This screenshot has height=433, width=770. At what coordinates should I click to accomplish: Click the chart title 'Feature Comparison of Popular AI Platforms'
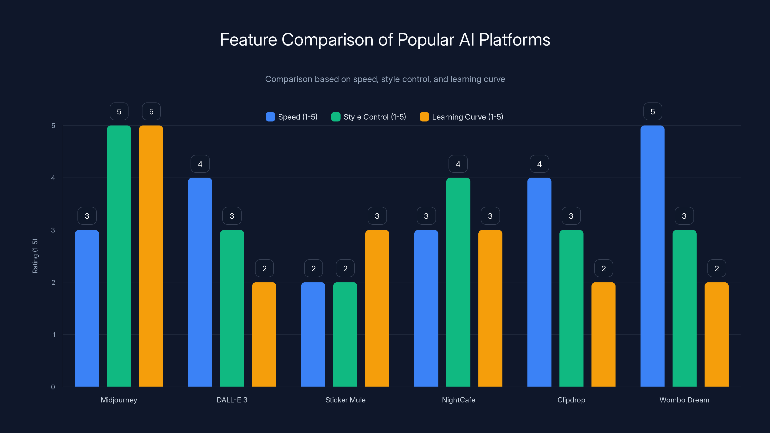coord(385,40)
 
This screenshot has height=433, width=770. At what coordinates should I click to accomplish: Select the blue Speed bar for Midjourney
coord(87,308)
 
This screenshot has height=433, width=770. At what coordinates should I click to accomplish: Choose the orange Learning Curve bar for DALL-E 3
coord(264,334)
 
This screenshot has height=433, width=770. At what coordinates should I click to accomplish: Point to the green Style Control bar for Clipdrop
coord(571,308)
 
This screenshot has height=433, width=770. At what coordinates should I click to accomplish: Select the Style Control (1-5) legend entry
coord(369,117)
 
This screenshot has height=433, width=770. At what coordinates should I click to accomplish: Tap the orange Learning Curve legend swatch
coord(424,117)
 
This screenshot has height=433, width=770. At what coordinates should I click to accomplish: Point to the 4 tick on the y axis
coord(53,178)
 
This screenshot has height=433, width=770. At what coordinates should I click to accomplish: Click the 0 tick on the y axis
coord(53,387)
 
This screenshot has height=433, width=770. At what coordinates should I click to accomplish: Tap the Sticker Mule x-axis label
coord(345,400)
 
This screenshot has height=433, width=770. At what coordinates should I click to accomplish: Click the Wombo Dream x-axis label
coord(684,400)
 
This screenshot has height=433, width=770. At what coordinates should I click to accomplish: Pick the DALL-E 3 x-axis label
coord(232,400)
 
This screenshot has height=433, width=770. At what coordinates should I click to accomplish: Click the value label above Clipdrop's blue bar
coord(539,164)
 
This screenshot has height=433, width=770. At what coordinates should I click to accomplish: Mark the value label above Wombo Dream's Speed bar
coord(653,112)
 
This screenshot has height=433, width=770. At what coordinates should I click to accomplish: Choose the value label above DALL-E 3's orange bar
coord(264,268)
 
